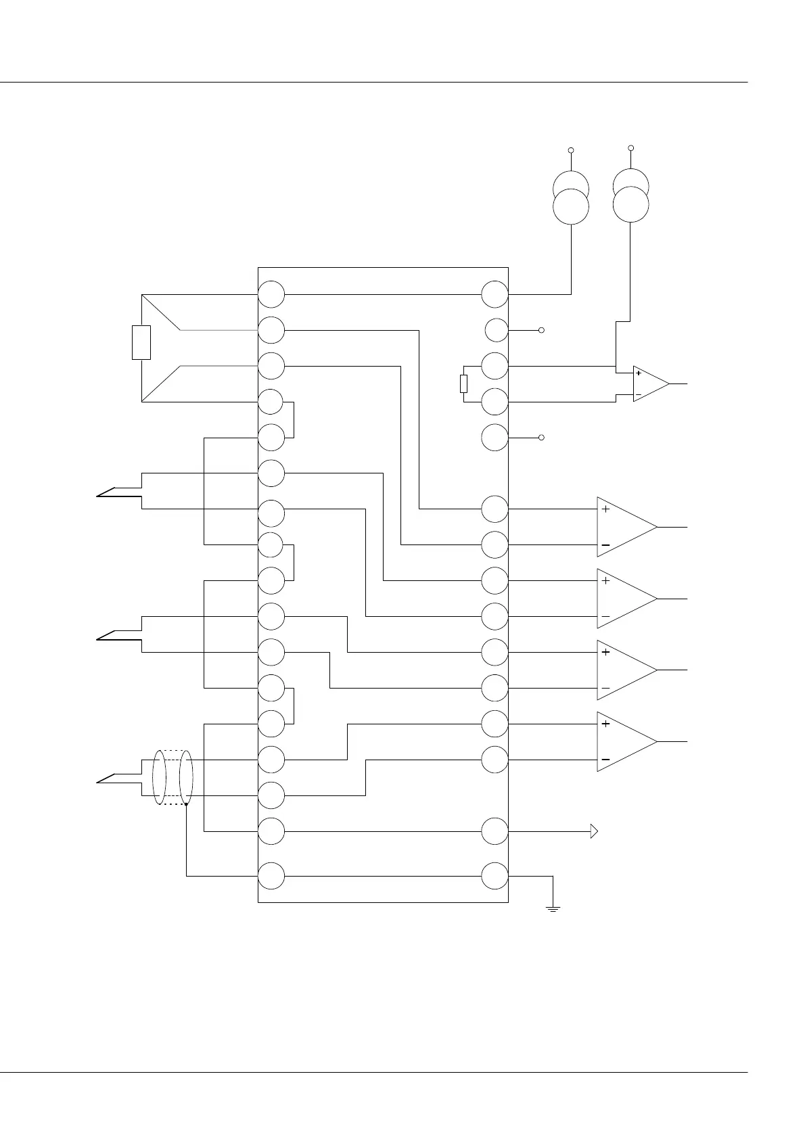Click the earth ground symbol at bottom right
click(x=553, y=908)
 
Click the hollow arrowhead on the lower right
click(x=594, y=831)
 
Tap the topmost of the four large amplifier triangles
click(x=625, y=526)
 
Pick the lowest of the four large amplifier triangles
click(x=625, y=741)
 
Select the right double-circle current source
click(x=630, y=195)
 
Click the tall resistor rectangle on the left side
click(x=141, y=342)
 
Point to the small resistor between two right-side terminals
click(x=463, y=383)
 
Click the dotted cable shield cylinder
click(x=173, y=777)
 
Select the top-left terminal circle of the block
click(x=271, y=294)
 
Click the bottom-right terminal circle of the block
click(x=495, y=876)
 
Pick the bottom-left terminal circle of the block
click(x=271, y=876)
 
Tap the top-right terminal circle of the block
click(x=495, y=294)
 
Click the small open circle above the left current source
click(x=571, y=149)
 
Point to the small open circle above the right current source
click(x=630, y=147)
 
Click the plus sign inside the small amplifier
click(x=639, y=373)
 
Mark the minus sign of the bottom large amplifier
click(x=605, y=760)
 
